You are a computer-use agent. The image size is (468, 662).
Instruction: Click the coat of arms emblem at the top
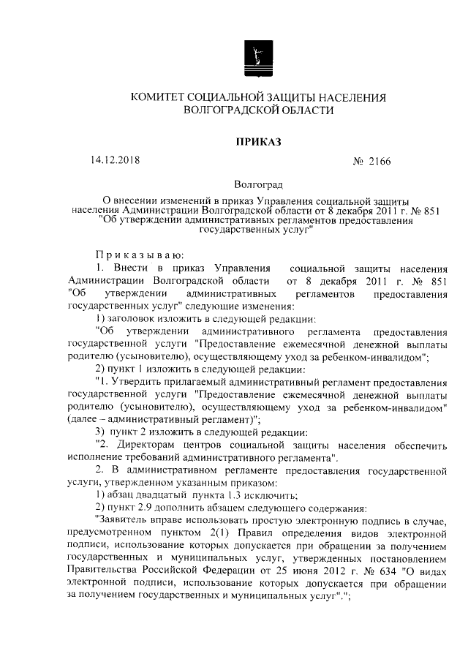(256, 57)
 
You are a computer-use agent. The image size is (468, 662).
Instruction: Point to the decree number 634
(371, 573)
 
